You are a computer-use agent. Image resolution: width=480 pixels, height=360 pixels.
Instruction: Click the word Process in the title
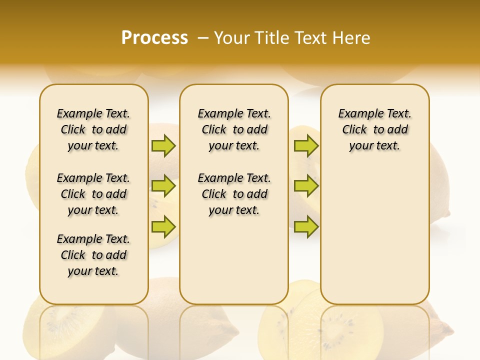[x=154, y=38]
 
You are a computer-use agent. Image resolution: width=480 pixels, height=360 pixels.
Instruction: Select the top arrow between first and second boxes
[x=163, y=146]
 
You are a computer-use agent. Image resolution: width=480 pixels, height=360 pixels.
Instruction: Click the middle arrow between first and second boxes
[x=163, y=186]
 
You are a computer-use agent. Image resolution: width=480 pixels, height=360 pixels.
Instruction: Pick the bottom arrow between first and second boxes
[x=163, y=227]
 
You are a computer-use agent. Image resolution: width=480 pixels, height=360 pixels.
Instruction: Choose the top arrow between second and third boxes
[x=306, y=146]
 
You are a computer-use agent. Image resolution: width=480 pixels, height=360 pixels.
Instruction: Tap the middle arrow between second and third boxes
[x=306, y=186]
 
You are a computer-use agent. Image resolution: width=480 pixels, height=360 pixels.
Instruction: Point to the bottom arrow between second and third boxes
[x=306, y=227]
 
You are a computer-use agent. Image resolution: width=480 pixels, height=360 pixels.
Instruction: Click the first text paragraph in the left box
[x=93, y=129]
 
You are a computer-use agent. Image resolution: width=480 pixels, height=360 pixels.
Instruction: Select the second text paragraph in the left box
[x=93, y=194]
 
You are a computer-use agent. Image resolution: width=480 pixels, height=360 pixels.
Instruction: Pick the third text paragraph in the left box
[x=93, y=255]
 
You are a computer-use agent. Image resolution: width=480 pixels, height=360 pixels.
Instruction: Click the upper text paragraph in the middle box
[x=234, y=129]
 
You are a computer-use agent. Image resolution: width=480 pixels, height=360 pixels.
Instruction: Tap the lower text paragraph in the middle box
[x=234, y=194]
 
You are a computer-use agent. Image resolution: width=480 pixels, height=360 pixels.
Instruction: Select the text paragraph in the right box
[x=374, y=129]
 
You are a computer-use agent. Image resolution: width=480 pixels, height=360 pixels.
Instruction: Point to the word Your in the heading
[x=232, y=38]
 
